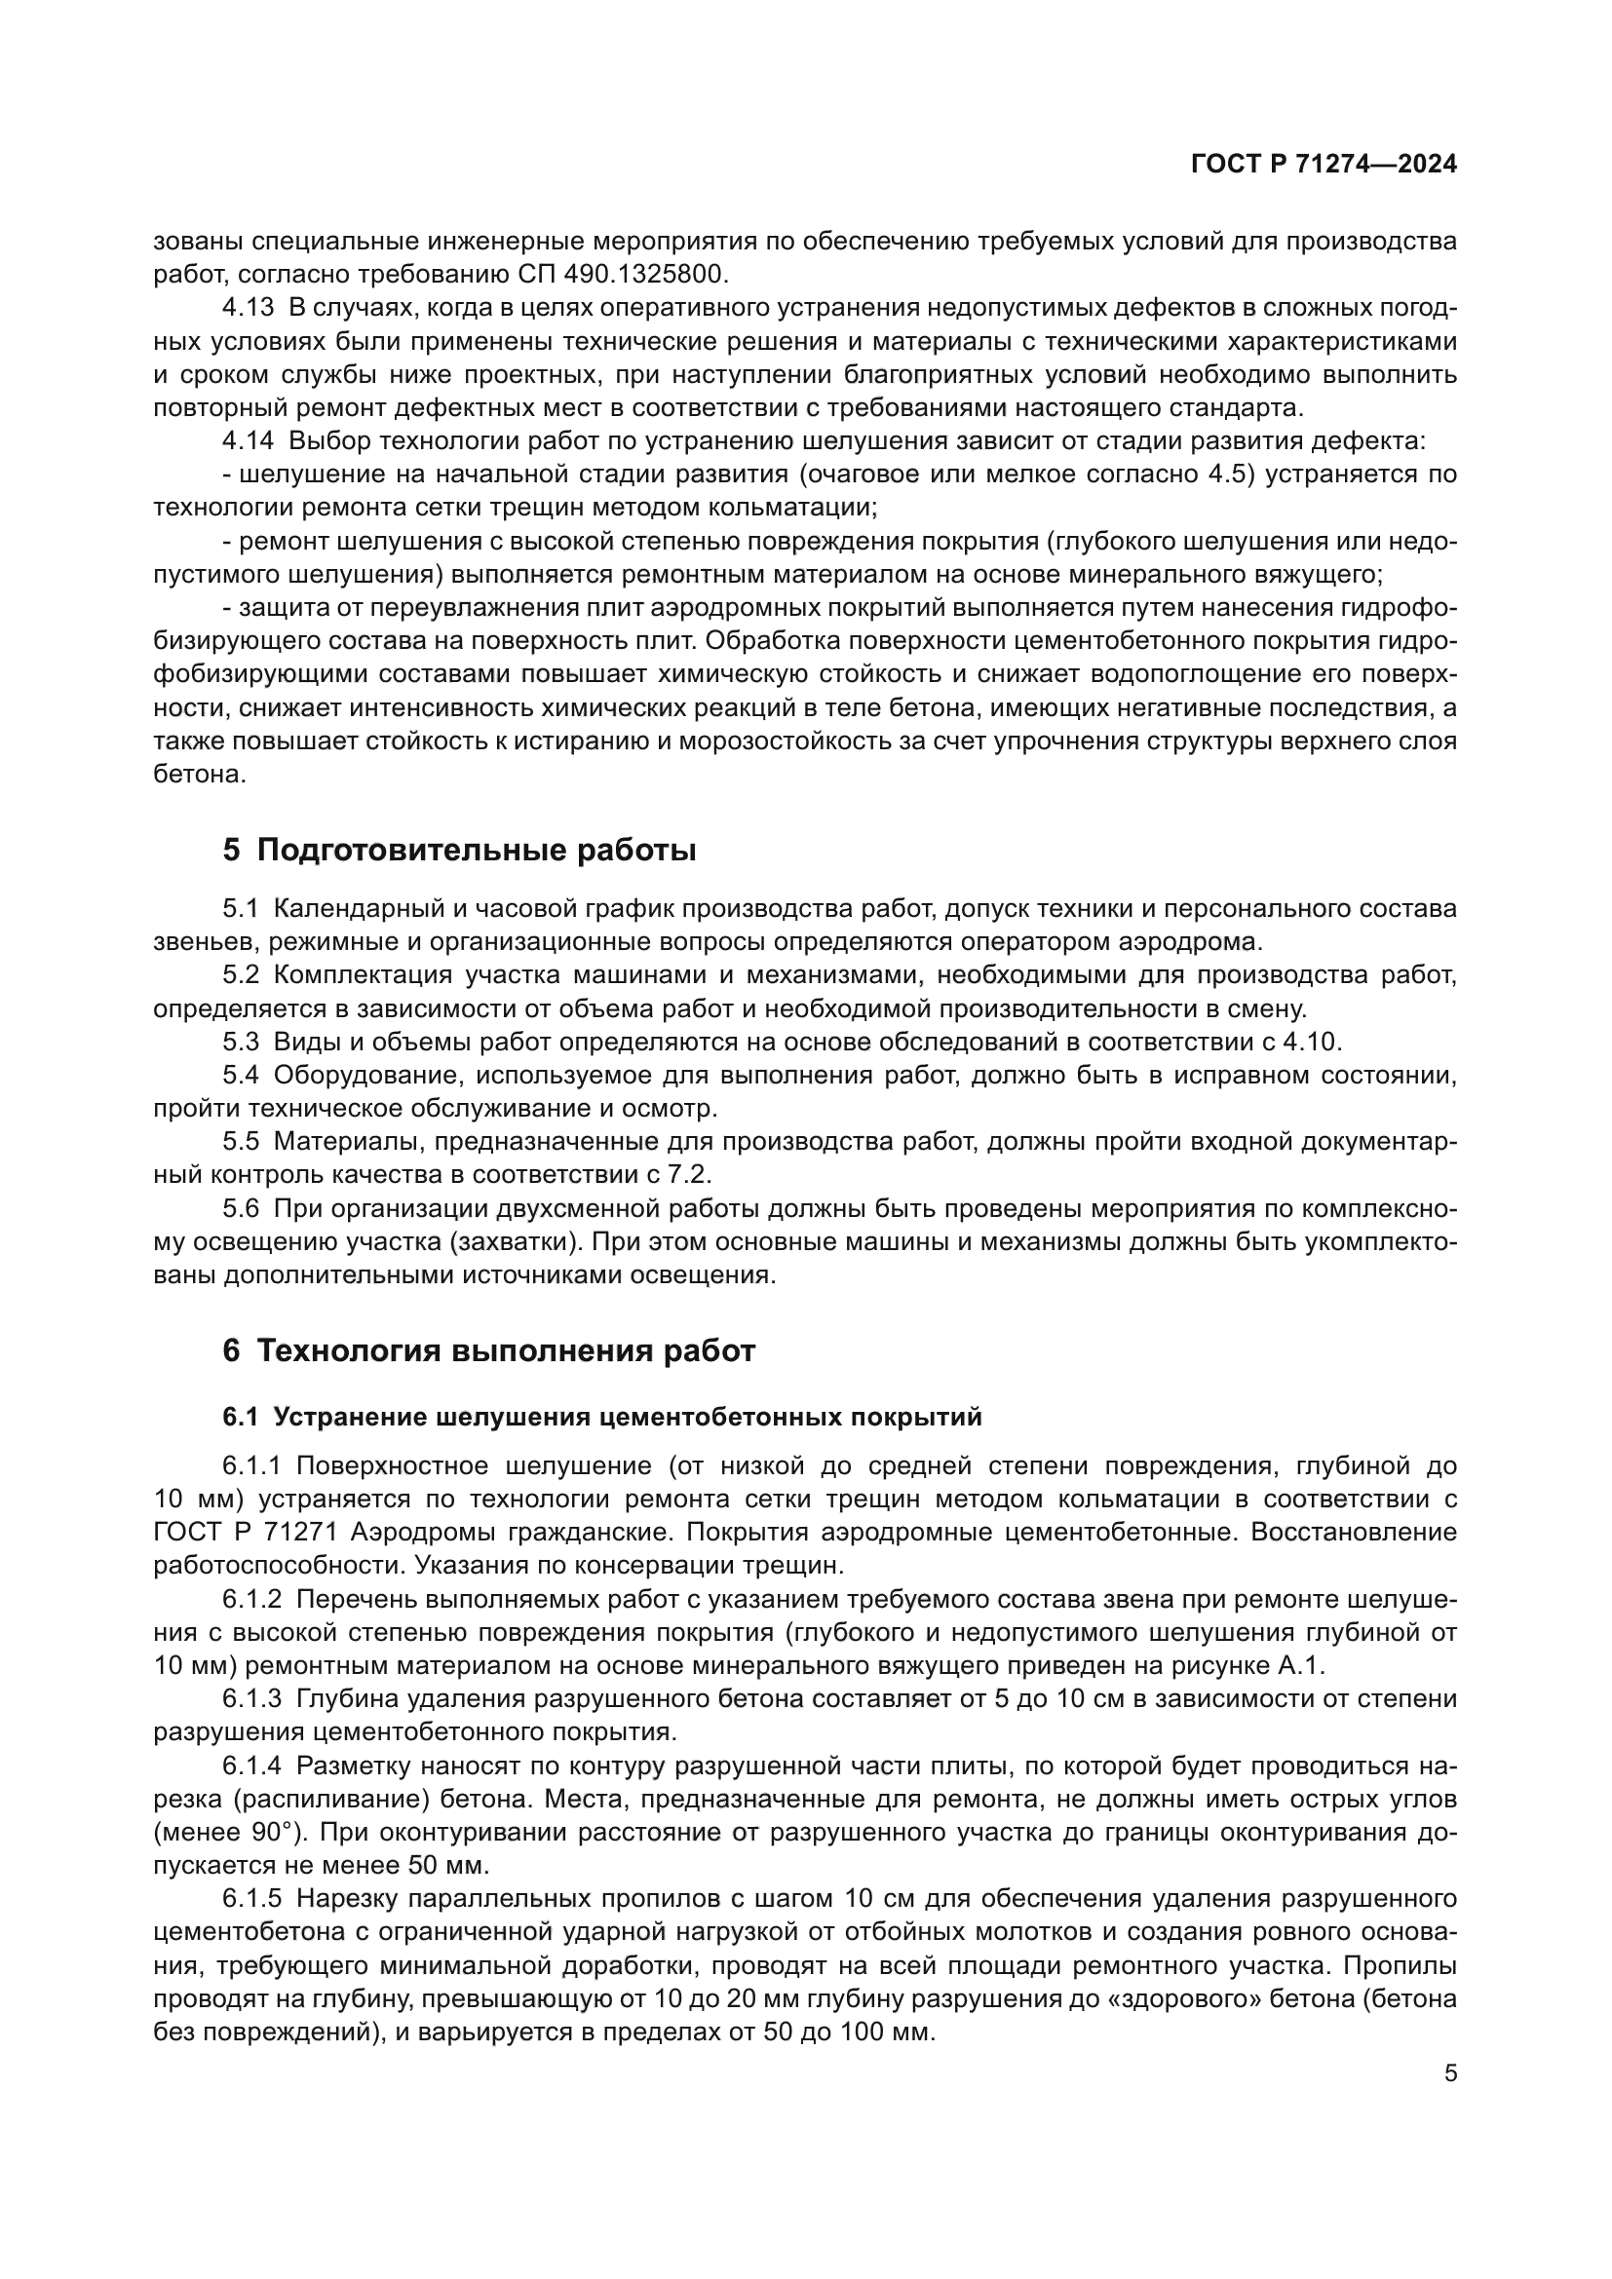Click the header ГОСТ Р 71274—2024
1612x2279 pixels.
click(1324, 165)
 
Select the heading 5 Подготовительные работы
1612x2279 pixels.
click(459, 850)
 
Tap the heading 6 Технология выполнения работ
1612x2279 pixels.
click(488, 1349)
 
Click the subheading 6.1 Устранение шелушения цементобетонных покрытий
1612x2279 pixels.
click(601, 1417)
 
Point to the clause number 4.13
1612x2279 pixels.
click(248, 308)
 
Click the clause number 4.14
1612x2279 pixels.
click(248, 440)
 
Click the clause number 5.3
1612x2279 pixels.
click(240, 1042)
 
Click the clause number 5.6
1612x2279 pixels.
click(240, 1208)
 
